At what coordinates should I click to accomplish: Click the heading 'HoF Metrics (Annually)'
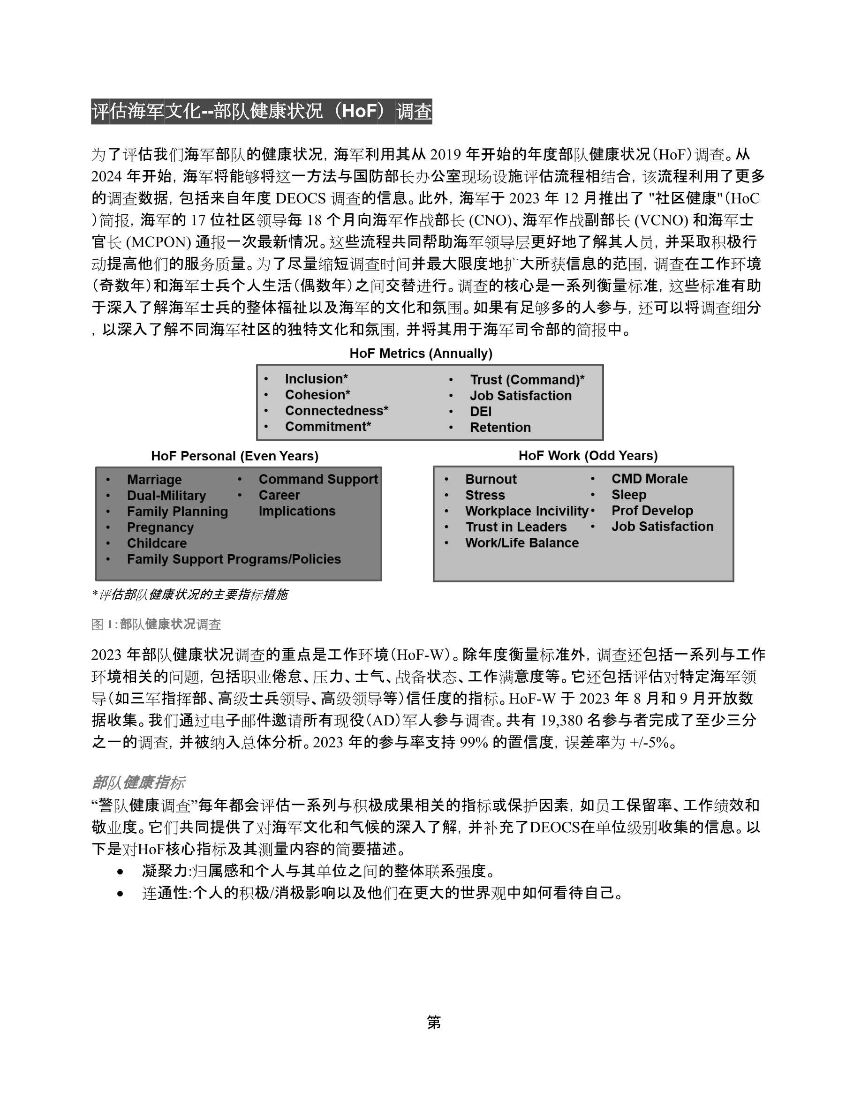pos(421,354)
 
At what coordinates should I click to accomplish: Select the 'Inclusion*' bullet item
pos(316,379)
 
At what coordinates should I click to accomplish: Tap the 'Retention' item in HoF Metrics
pos(500,428)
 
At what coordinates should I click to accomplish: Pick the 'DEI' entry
pos(481,412)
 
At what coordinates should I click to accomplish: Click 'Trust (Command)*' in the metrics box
pos(527,380)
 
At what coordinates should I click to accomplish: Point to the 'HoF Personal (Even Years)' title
pos(234,456)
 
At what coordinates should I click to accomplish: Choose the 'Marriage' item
pos(154,480)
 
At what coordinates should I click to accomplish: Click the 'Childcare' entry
pos(157,543)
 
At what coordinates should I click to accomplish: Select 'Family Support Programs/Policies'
pos(234,559)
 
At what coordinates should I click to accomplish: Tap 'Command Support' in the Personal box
pos(318,480)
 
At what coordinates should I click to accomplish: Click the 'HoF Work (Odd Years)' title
pos(588,456)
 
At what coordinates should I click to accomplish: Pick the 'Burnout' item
pos(491,480)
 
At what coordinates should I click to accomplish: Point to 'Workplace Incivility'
pos(526,511)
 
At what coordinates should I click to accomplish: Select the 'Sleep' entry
pos(628,495)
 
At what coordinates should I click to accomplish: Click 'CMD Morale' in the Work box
pos(650,479)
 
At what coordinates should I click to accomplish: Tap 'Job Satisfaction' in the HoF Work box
pos(662,527)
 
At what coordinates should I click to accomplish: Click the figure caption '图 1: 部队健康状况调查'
pos(156,625)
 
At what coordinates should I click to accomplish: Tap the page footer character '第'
pos(434,1022)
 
